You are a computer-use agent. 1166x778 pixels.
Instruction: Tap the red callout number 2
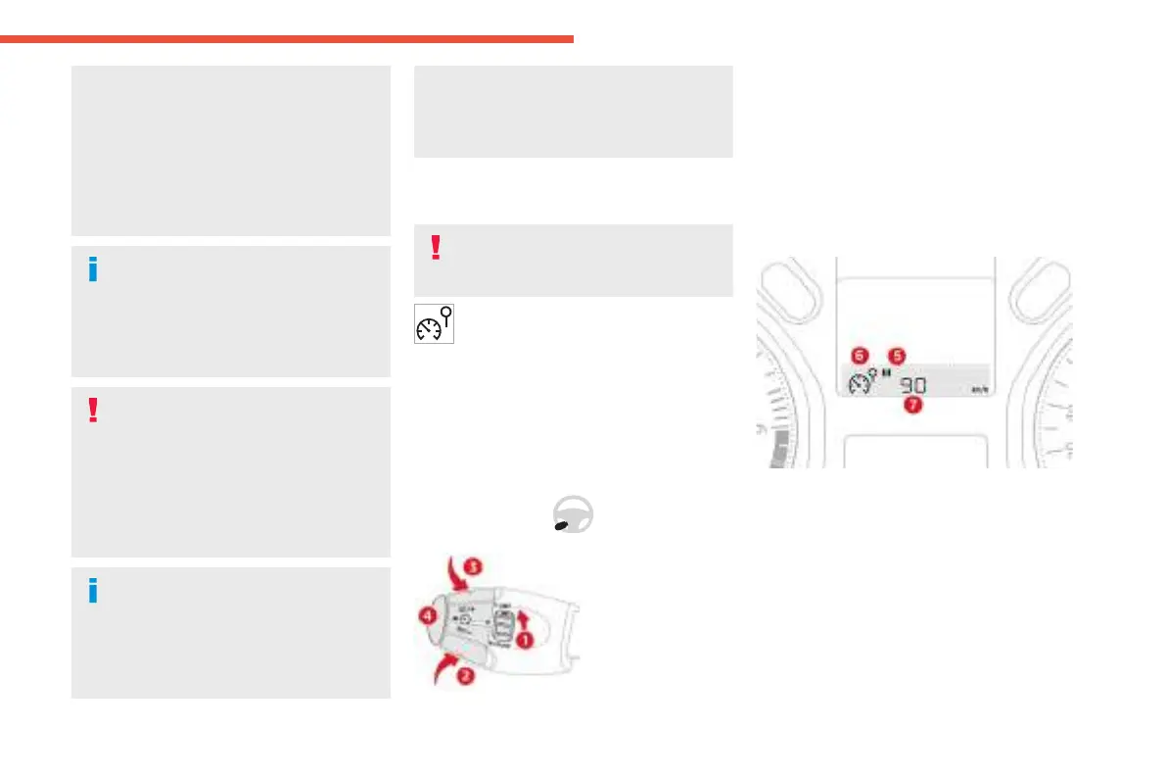(x=467, y=676)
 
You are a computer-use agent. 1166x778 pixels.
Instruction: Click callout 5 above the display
(x=896, y=355)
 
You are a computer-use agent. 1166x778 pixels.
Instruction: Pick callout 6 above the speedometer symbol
(x=859, y=355)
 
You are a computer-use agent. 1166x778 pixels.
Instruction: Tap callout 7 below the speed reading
(x=911, y=406)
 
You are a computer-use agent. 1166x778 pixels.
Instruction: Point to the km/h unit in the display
(x=979, y=389)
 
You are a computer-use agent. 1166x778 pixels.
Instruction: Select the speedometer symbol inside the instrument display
(x=862, y=382)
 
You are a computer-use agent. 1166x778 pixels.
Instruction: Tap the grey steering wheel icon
(x=573, y=513)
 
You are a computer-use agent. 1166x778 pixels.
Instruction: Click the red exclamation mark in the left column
(x=93, y=411)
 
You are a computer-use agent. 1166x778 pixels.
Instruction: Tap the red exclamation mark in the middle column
(x=436, y=248)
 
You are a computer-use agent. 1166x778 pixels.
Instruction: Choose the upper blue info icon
(x=93, y=270)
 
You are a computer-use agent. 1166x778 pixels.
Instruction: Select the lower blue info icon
(x=93, y=591)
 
